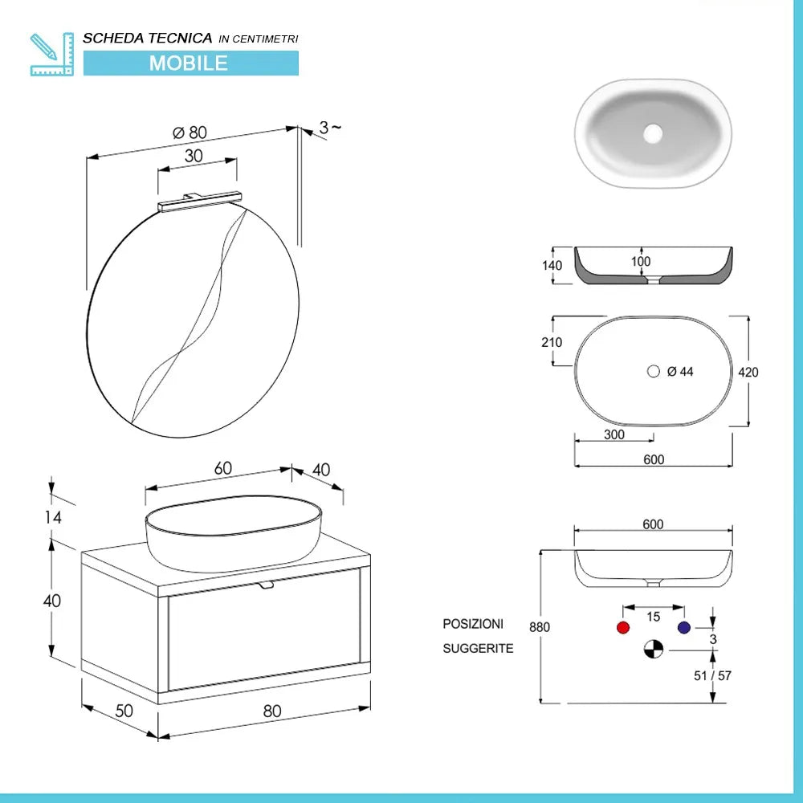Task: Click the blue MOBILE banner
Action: (x=190, y=63)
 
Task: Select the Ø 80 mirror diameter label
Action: (x=190, y=132)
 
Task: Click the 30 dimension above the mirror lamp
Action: (x=194, y=157)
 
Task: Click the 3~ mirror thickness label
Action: (x=330, y=127)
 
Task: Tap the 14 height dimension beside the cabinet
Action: (x=53, y=517)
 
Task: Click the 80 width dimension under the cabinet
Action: (x=272, y=710)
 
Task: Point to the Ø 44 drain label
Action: (x=679, y=371)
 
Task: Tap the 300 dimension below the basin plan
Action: (x=614, y=434)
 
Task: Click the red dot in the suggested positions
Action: (x=622, y=628)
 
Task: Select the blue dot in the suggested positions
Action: (x=683, y=628)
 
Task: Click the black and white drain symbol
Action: (x=654, y=649)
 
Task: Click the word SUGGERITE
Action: (x=478, y=648)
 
